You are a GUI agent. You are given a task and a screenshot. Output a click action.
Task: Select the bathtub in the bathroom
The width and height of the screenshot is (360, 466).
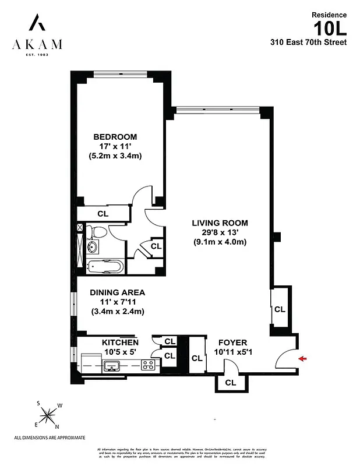[105, 267]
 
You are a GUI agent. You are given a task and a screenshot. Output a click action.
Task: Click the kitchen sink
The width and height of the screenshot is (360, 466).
[112, 365]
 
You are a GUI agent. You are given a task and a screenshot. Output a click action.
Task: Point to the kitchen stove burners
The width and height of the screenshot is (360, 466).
[149, 365]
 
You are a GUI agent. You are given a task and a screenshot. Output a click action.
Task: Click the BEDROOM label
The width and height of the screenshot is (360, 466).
[115, 137]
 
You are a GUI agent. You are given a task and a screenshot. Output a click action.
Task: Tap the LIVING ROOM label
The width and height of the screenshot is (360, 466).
[220, 223]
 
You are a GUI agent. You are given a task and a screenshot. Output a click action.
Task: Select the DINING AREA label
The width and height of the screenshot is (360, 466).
[117, 292]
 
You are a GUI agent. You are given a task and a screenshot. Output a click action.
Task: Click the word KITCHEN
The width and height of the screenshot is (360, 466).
[120, 343]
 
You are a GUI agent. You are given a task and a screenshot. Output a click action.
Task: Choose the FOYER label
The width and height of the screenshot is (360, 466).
[232, 343]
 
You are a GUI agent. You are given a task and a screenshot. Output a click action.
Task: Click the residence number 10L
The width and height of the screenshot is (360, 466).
[330, 28]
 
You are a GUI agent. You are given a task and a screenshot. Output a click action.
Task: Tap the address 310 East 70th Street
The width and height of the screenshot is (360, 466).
[308, 42]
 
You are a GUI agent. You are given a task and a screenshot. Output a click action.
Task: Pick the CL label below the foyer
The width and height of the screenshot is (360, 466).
[230, 383]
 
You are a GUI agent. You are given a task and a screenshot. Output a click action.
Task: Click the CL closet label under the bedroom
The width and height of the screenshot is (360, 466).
[103, 214]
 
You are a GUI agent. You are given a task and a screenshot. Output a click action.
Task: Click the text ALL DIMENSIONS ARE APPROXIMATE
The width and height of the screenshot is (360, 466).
[50, 437]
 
